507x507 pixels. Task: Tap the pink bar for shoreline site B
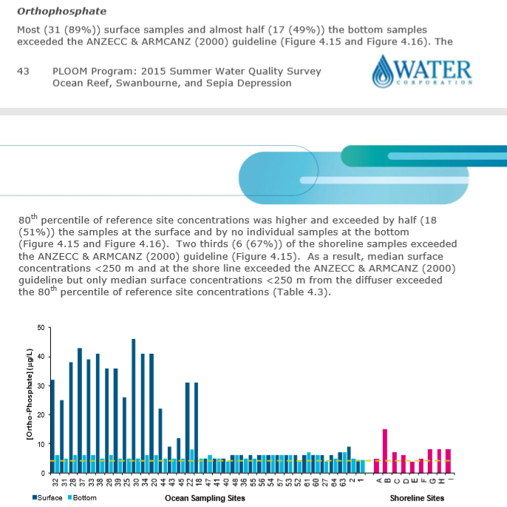click(x=385, y=450)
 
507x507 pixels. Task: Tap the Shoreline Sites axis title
click(x=417, y=498)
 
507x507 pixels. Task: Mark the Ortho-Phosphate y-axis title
click(x=29, y=400)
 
